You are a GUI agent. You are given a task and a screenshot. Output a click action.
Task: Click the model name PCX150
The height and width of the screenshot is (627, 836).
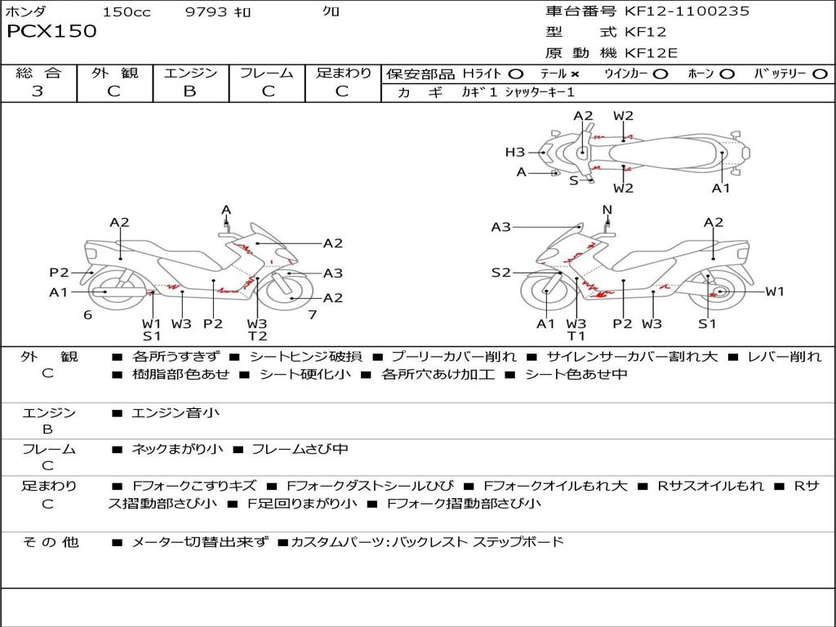click(x=51, y=32)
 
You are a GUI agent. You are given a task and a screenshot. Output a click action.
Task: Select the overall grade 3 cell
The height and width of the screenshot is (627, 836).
click(x=38, y=91)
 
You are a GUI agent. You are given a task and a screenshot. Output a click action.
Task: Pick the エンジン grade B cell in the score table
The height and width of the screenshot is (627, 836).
click(x=189, y=91)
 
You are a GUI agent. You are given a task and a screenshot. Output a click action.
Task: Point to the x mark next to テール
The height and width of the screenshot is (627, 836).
click(x=575, y=74)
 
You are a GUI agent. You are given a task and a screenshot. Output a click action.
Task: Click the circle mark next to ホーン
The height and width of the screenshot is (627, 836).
click(x=727, y=74)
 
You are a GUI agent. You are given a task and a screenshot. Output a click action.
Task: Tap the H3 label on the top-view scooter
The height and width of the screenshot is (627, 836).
click(x=514, y=152)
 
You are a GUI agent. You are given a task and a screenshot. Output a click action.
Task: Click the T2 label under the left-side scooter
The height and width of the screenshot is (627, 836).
click(x=257, y=336)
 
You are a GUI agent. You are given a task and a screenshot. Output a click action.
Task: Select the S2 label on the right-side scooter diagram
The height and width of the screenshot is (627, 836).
click(x=500, y=273)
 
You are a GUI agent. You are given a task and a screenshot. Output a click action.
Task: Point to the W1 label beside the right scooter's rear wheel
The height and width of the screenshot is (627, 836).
click(x=774, y=291)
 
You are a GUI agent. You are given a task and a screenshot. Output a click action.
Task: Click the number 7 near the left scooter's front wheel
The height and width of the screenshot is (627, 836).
click(x=312, y=315)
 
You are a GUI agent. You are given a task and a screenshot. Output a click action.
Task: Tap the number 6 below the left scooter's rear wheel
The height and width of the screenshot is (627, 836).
click(x=87, y=315)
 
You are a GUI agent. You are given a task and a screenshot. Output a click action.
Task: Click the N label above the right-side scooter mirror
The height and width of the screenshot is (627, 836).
click(x=607, y=210)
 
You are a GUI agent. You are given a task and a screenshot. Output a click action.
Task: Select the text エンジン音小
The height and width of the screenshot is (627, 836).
click(x=176, y=413)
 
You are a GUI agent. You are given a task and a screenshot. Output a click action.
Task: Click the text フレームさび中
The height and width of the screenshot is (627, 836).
click(x=300, y=449)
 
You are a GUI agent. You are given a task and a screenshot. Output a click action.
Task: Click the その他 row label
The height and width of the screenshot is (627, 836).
click(x=51, y=542)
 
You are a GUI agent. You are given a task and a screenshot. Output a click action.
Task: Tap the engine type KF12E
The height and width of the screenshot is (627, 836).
click(x=651, y=54)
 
